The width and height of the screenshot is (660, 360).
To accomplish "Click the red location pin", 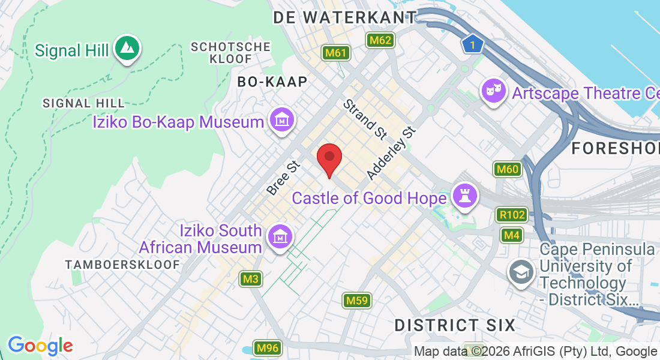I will coord(329,158).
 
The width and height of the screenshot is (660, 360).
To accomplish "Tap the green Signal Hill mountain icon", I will coord(126,48).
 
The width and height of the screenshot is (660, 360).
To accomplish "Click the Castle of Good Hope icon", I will coord(464,196).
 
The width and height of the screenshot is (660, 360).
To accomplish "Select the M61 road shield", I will coord(335,53).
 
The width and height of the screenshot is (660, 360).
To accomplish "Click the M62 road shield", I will coord(380,40).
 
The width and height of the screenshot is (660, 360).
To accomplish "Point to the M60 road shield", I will coord(507,170).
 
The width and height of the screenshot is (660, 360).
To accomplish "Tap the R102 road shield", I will coord(511,215).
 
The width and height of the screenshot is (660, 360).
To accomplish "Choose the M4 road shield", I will coord(511,235).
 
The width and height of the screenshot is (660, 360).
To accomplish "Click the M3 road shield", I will coord(251,279).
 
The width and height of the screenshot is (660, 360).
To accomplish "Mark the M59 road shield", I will coord(357,300).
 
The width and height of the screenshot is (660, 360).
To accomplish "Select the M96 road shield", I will coord(267,348).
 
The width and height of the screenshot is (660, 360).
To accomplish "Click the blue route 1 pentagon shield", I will coord(473,44).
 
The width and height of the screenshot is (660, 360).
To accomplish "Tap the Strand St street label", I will coord(365,119).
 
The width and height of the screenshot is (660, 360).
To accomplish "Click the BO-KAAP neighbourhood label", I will coord(272,82).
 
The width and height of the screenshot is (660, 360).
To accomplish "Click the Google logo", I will coord(40,346).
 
